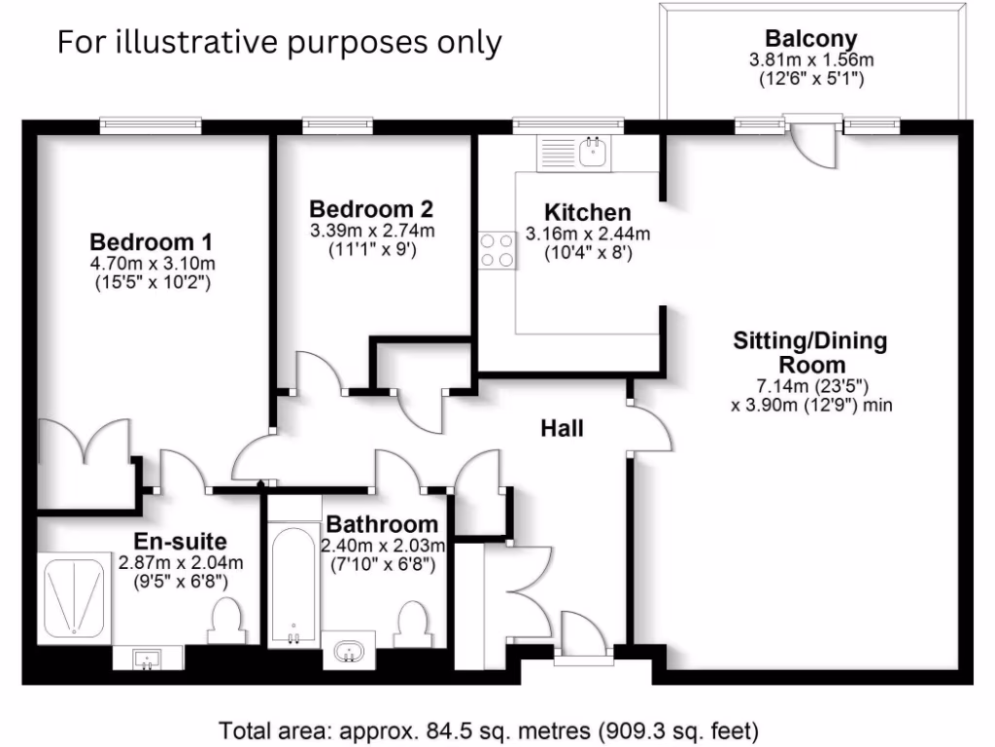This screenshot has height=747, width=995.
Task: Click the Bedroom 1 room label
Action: tap(152, 241)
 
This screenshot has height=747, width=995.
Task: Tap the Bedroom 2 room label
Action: tap(371, 208)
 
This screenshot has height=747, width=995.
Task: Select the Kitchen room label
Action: tap(587, 212)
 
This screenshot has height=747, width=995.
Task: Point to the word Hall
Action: tap(562, 427)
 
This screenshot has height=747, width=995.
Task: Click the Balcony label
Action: tap(811, 39)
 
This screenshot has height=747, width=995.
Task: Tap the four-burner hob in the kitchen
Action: tap(497, 250)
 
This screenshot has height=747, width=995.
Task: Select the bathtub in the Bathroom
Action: tap(292, 587)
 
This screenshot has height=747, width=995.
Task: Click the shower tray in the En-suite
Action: tap(74, 597)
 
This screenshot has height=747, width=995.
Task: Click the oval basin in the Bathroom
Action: tap(348, 652)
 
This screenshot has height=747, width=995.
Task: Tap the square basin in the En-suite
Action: tap(147, 658)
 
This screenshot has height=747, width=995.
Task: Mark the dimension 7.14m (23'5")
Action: tap(810, 386)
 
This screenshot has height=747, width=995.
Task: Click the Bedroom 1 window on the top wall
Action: tap(143, 124)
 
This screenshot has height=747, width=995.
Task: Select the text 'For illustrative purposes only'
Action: tap(280, 42)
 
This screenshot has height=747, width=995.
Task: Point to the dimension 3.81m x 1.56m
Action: tap(811, 60)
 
